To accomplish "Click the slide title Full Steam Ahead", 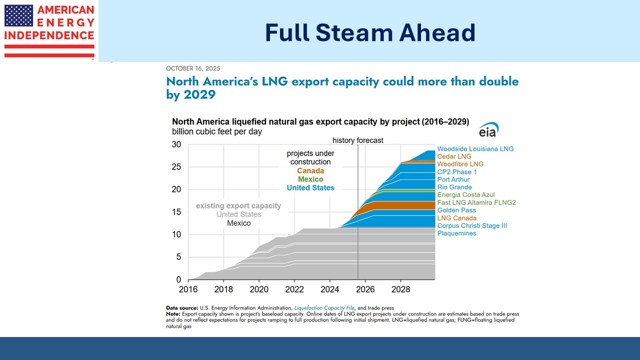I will [370, 32].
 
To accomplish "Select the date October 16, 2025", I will [193, 68].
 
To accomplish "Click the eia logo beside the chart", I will [488, 129].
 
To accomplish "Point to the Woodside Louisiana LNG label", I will [475, 149].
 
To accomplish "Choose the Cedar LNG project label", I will [453, 156].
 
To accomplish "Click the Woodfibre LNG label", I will [460, 164].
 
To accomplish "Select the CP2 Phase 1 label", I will [457, 172].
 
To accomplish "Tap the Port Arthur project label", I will [453, 179].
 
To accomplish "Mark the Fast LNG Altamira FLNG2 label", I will [476, 202].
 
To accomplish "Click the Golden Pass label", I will [456, 210].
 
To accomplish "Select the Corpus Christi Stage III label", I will [472, 226].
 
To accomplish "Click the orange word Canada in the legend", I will [310, 171].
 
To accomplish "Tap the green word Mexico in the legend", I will [310, 179].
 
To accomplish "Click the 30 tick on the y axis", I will [176, 144].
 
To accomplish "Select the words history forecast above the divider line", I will [357, 140].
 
